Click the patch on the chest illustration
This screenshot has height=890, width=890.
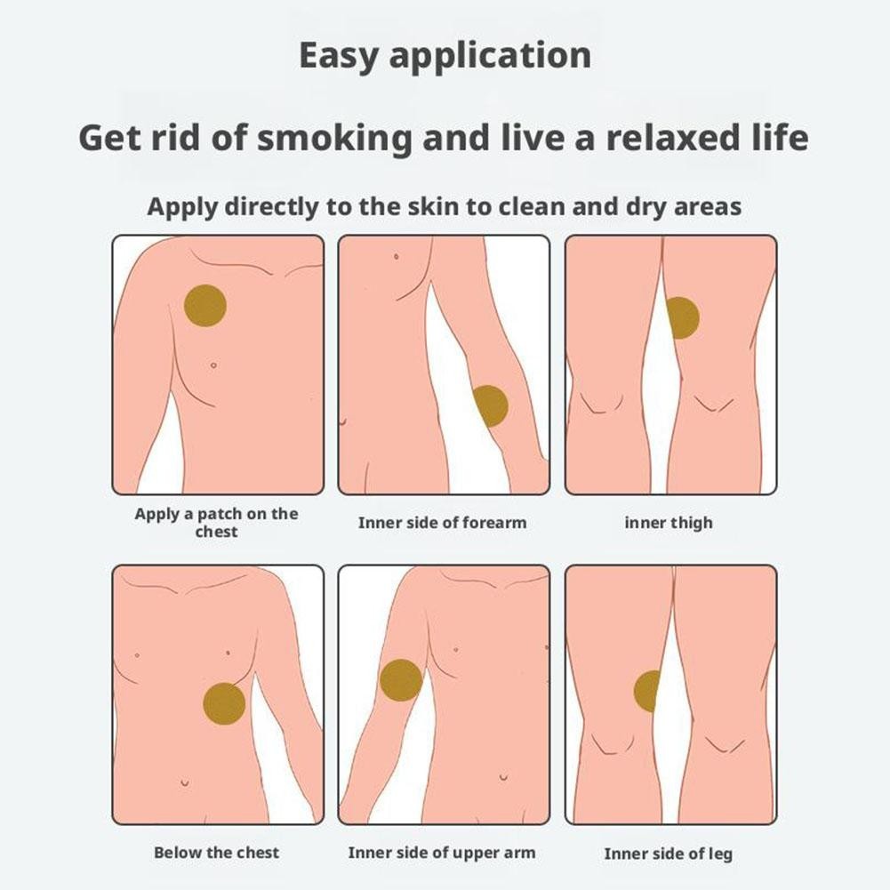tap(205, 306)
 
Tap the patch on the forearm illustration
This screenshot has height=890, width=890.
tap(490, 406)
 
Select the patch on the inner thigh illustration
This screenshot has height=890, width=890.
tap(682, 317)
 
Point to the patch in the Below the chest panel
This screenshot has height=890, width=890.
tap(224, 702)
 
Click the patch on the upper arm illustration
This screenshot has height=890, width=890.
tap(400, 681)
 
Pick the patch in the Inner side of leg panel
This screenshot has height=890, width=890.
tap(647, 691)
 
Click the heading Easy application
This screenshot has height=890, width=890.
tap(445, 55)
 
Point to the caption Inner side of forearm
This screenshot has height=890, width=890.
tap(442, 523)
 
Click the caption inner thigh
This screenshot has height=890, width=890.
tap(668, 523)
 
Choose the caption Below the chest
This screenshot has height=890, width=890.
tap(216, 853)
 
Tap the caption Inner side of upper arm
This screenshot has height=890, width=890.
tap(442, 853)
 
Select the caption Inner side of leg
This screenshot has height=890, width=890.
tap(668, 854)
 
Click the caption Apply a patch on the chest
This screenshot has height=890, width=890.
tap(216, 523)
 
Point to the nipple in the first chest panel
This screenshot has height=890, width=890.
tap(213, 365)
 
